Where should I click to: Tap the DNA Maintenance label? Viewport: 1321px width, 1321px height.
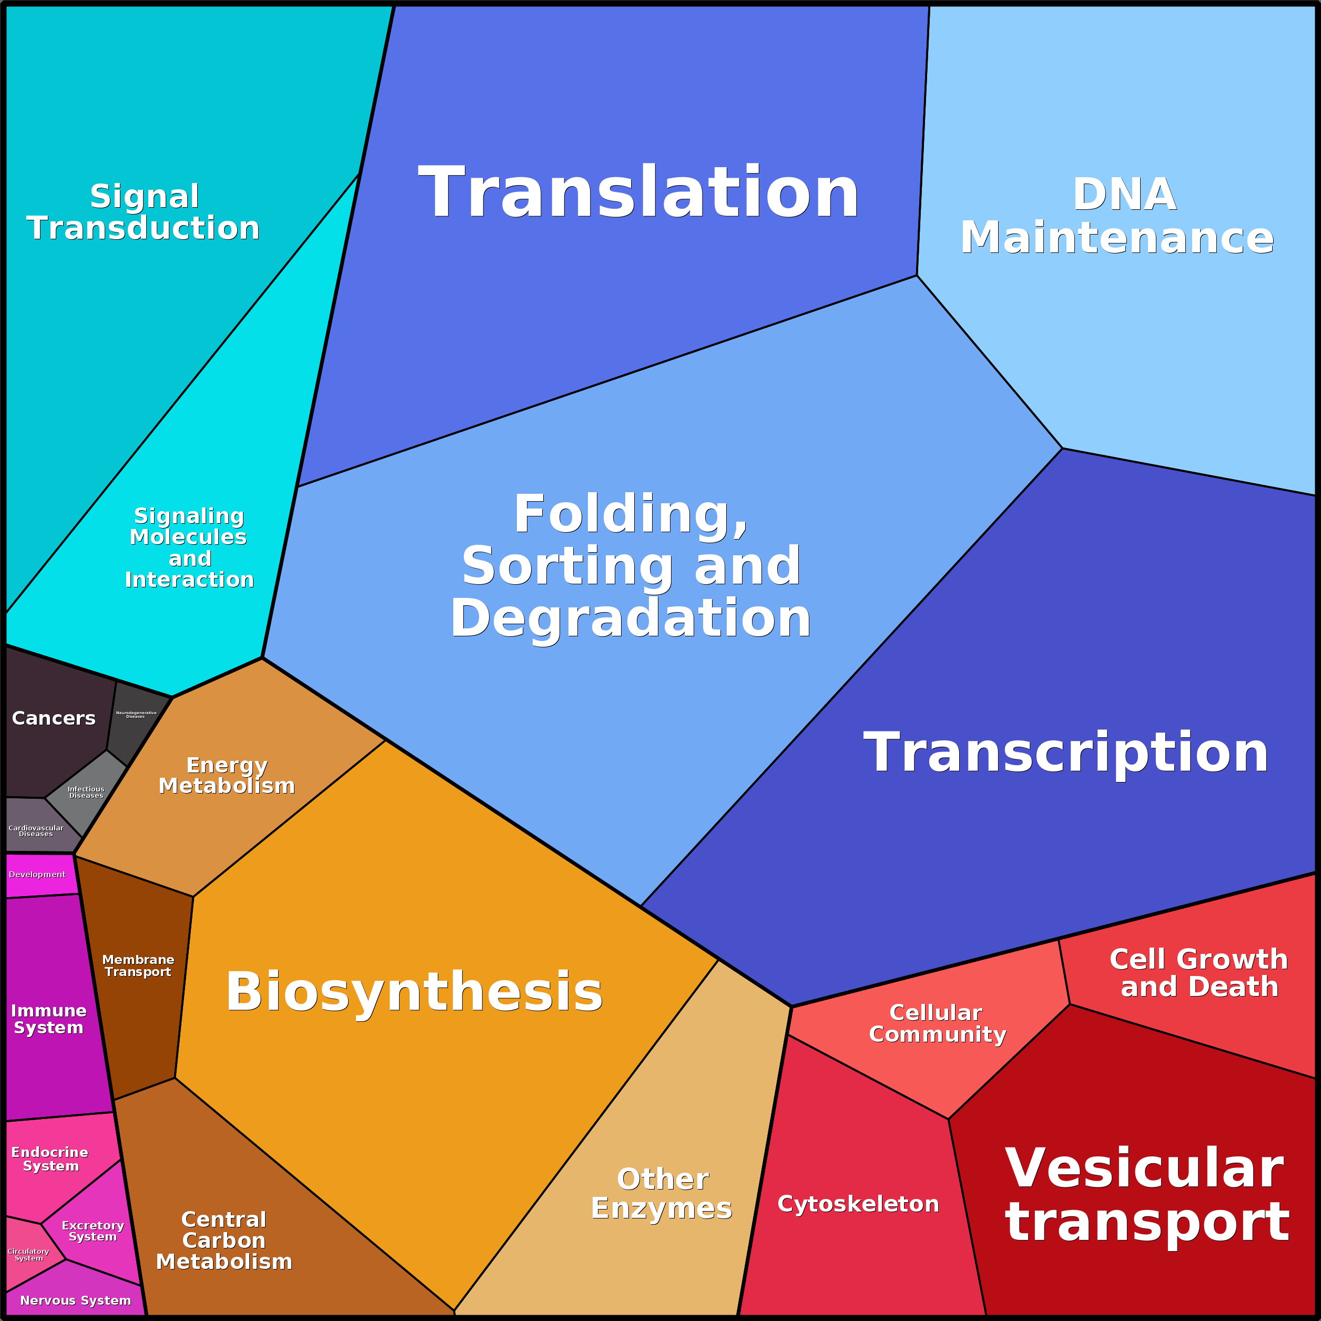1117,216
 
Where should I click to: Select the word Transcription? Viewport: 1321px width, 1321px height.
1065,752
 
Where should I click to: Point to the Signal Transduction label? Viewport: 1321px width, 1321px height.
144,212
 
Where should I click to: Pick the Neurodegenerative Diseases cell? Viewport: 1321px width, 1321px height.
137,722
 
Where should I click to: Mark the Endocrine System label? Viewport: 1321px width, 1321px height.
50,1159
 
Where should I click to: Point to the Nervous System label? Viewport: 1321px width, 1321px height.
75,1300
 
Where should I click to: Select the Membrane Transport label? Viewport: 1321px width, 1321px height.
138,966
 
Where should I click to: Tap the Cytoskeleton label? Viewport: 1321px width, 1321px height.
858,1204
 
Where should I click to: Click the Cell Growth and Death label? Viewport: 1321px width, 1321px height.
1198,973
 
